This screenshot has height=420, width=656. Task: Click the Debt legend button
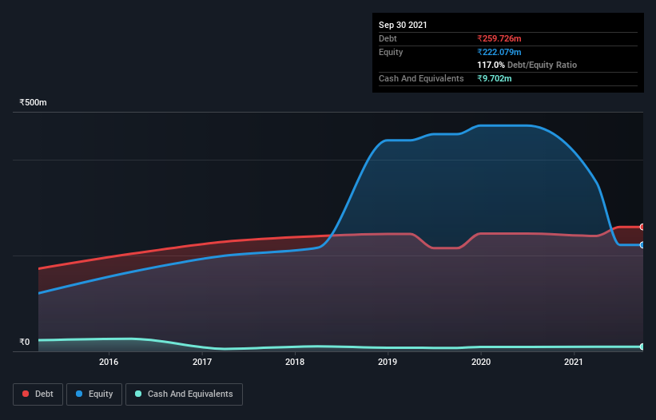pyautogui.click(x=37, y=394)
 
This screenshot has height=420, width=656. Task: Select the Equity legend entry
pyautogui.click(x=94, y=394)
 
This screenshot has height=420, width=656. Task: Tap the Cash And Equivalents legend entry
pyautogui.click(x=184, y=394)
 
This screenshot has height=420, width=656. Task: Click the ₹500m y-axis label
pyautogui.click(x=34, y=103)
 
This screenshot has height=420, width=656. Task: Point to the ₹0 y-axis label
pyautogui.click(x=24, y=343)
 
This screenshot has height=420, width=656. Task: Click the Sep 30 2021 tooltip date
pyautogui.click(x=403, y=25)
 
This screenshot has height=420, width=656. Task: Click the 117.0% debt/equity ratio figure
pyautogui.click(x=491, y=65)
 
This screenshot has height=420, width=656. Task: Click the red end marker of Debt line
pyautogui.click(x=642, y=227)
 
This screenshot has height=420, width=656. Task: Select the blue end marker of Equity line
pyautogui.click(x=642, y=245)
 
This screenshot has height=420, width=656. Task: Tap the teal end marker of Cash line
pyautogui.click(x=642, y=347)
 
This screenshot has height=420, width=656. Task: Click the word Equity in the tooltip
pyautogui.click(x=391, y=52)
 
